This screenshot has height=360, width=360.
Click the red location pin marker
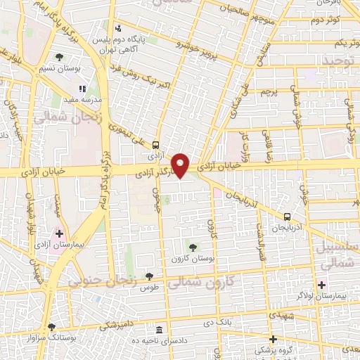(181, 165)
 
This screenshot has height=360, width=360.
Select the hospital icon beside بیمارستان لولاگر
(322, 285)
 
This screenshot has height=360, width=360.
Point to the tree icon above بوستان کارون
(193, 246)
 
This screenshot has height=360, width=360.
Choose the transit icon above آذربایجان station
(287, 217)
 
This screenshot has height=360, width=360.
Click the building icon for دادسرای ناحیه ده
(159, 330)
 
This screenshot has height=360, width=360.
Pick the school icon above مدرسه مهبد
(82, 89)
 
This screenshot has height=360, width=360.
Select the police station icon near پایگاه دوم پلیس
(119, 29)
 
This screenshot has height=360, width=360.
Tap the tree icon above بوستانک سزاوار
(51, 326)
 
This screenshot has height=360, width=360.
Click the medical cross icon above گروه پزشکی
(274, 338)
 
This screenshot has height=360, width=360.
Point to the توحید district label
(340, 63)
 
